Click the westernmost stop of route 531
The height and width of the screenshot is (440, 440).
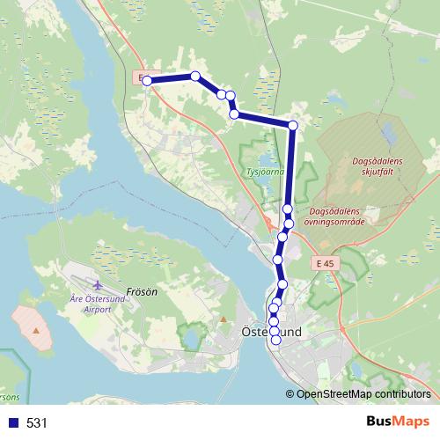[147, 81]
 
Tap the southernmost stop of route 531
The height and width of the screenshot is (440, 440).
[275, 340]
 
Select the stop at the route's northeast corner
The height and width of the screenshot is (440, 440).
[293, 126]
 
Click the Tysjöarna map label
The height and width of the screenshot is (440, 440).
[265, 172]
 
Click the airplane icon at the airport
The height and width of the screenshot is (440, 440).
[97, 286]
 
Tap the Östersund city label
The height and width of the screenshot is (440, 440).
[271, 332]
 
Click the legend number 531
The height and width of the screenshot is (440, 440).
[37, 422]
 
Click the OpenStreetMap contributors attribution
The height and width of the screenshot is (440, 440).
[363, 394]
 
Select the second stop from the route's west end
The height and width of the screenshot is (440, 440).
[195, 77]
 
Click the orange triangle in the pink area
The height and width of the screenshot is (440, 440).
[35, 329]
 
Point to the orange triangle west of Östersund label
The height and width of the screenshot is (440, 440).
[224, 319]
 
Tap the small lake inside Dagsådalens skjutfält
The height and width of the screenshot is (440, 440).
[388, 135]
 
